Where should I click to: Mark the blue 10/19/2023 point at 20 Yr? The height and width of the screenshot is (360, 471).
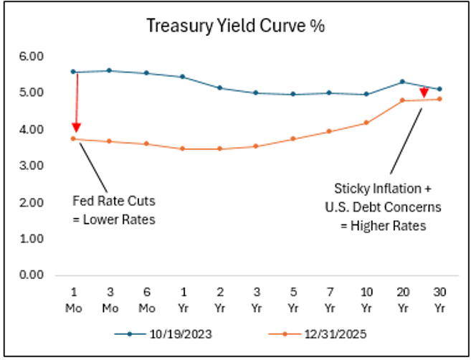402,82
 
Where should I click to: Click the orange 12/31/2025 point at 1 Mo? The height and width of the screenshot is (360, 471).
73,138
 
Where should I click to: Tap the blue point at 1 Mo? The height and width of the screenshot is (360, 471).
73,72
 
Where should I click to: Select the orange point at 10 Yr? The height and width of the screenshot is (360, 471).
366,123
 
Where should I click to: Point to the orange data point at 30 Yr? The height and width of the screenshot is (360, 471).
439,99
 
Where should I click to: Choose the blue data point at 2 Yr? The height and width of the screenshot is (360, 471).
219,87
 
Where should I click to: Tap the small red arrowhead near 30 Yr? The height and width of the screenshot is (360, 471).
423,93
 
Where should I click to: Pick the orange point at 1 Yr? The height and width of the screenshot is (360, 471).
183,148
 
